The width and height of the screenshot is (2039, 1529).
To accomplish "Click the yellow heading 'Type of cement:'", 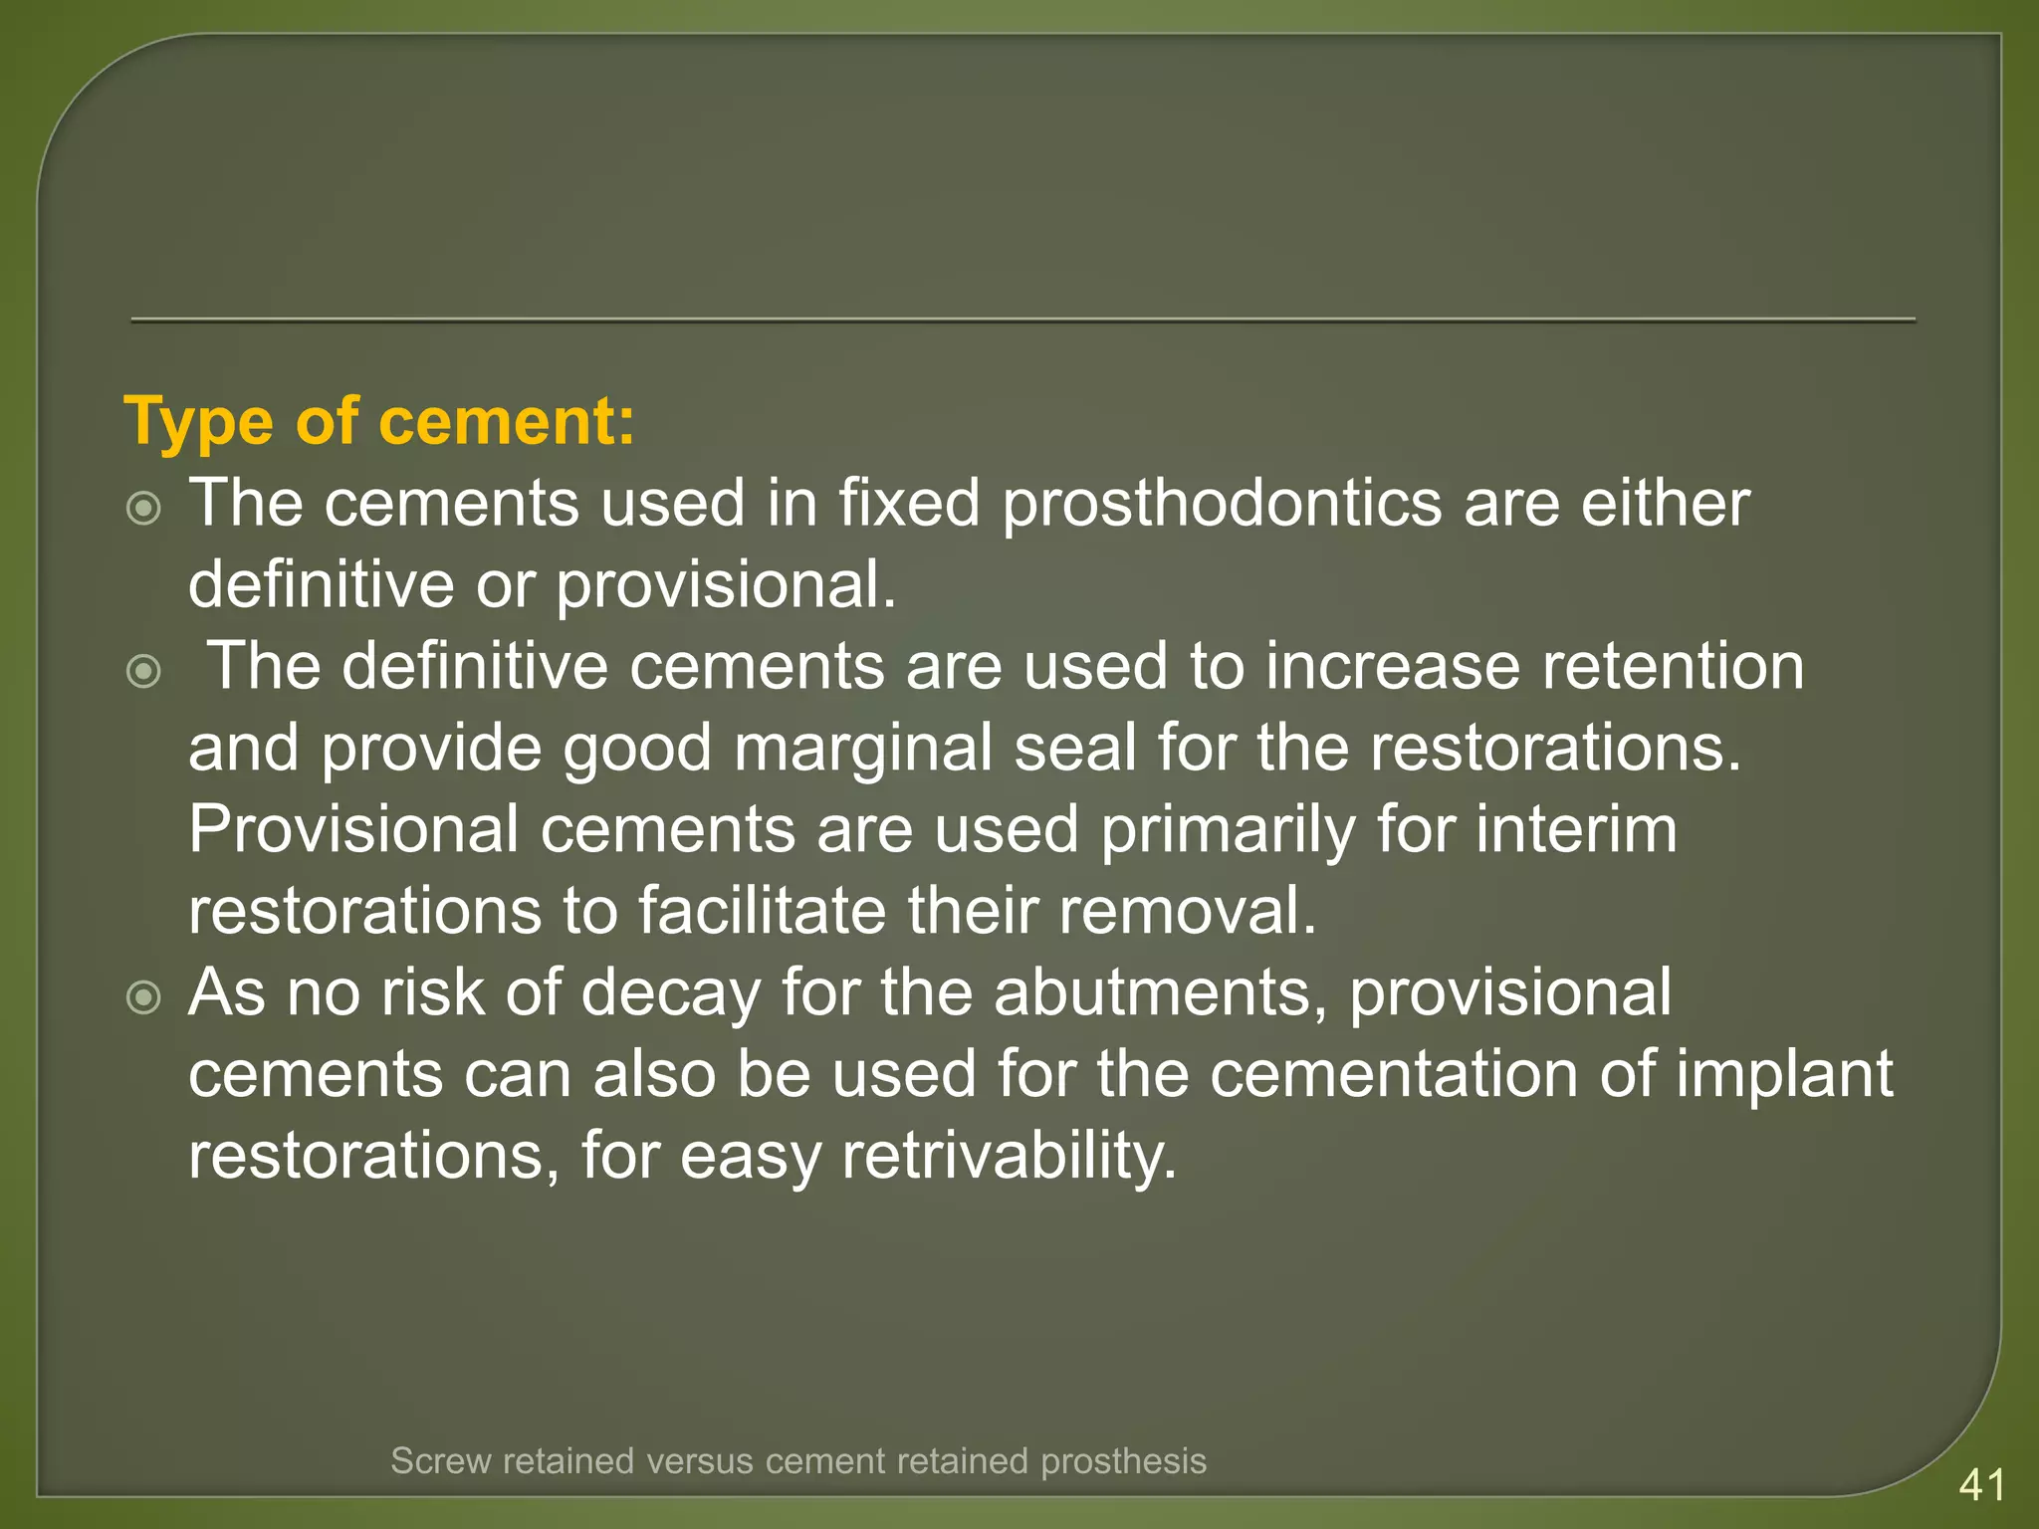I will click(379, 422).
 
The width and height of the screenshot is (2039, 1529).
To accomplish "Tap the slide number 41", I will click(1981, 1485).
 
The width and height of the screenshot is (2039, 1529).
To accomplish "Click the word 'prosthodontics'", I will click(1222, 504).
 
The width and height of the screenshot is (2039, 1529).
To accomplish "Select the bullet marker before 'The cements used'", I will click(144, 510).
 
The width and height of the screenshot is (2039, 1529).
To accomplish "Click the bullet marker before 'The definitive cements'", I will click(144, 672).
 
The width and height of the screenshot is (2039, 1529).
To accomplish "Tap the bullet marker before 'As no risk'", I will click(144, 997).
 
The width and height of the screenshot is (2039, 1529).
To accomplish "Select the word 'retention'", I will click(1673, 667).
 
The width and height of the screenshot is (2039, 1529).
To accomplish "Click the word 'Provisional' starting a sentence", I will click(353, 830).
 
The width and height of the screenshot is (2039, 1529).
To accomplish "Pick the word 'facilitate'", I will click(762, 912).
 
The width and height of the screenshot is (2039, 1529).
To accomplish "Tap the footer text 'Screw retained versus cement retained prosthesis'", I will click(798, 1461).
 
